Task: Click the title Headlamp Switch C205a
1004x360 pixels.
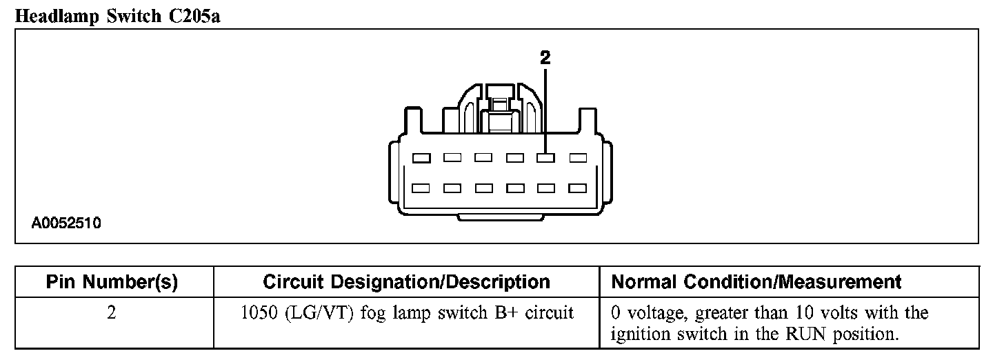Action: [x=117, y=16]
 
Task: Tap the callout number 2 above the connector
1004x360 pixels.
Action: [x=545, y=59]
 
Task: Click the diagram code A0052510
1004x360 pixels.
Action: [x=66, y=224]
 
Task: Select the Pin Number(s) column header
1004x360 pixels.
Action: [x=112, y=282]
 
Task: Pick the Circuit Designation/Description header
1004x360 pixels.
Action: [x=407, y=282]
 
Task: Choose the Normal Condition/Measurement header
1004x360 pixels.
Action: [x=756, y=282]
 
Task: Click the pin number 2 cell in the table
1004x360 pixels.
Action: [x=112, y=312]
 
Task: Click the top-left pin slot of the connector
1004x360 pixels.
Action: [x=421, y=158]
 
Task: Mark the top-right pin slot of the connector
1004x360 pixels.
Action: [x=577, y=158]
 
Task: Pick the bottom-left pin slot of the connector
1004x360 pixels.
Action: [x=421, y=187]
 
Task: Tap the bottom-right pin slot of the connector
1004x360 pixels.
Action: [x=577, y=187]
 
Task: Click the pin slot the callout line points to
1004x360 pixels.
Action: [x=545, y=158]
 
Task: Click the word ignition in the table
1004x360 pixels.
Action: [x=637, y=335]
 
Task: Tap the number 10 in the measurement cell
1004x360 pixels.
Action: [x=822, y=312]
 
